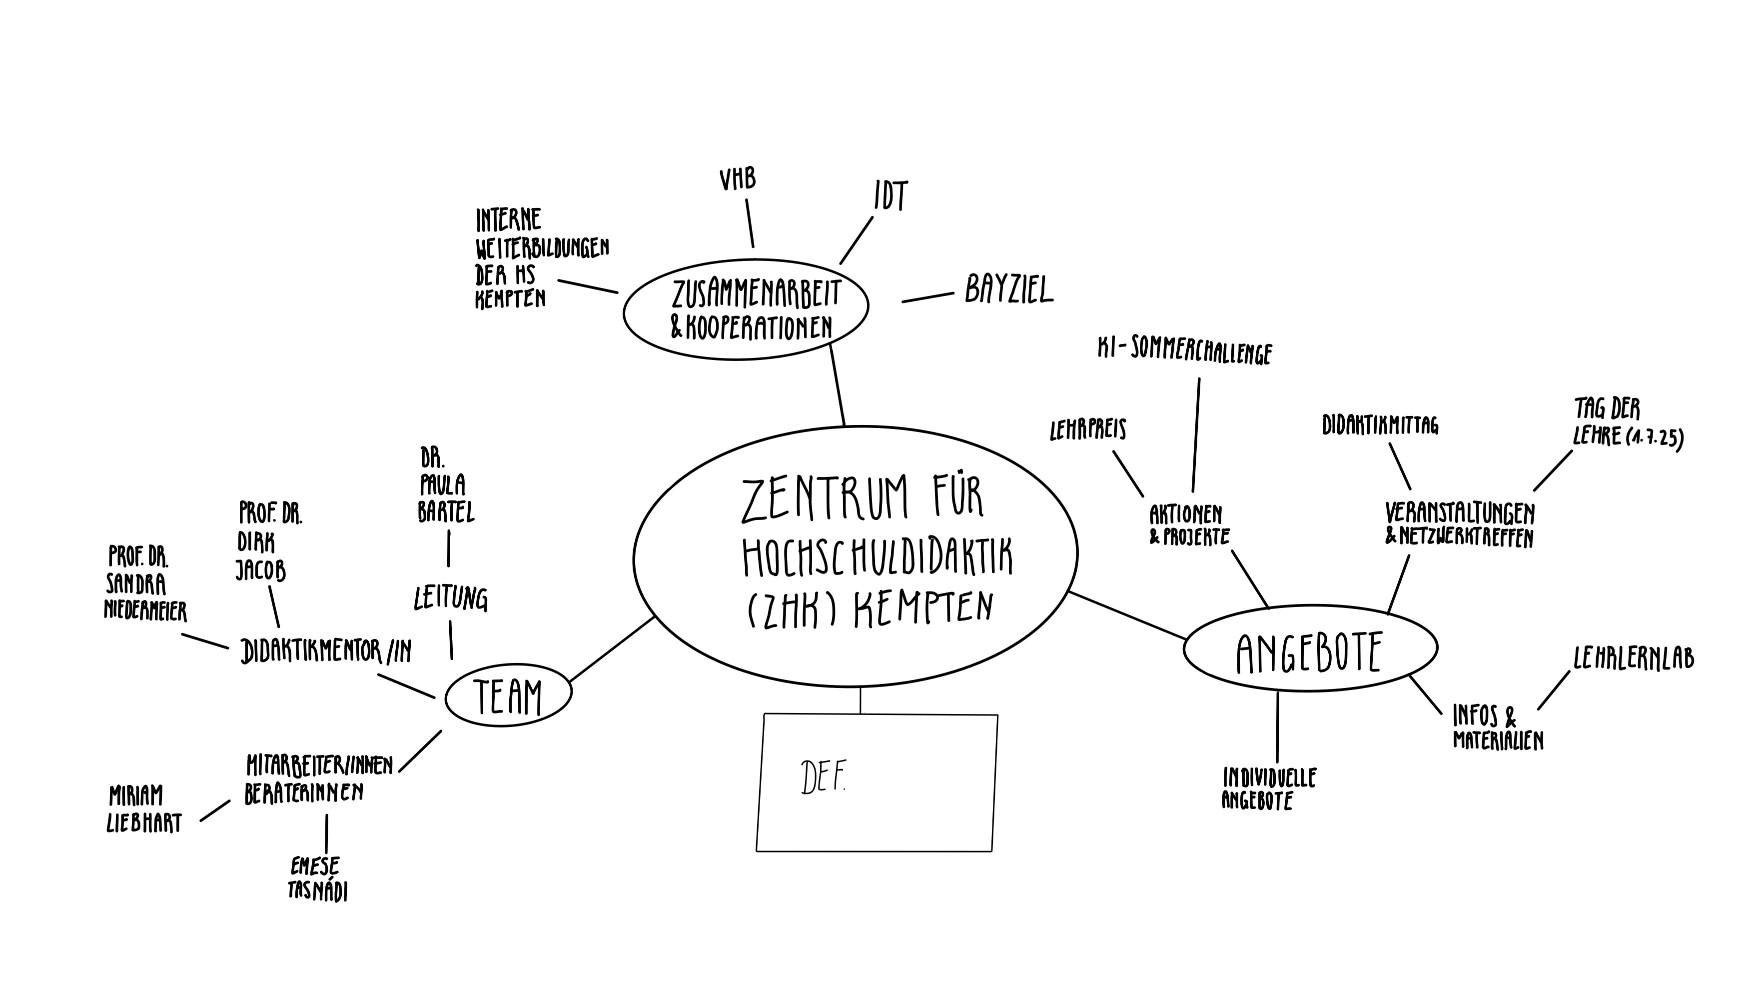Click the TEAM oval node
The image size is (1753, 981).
tap(508, 696)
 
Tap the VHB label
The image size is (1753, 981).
tap(738, 179)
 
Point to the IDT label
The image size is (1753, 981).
tap(891, 196)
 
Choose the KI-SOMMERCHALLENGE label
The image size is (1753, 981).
tap(1185, 352)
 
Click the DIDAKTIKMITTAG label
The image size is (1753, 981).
tap(1380, 425)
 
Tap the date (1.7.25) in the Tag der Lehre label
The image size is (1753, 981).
tap(1655, 437)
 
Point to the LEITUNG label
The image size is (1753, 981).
tap(451, 598)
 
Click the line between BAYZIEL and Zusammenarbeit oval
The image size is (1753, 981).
tap(927, 297)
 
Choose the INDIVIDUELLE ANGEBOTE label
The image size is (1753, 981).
tap(1268, 788)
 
